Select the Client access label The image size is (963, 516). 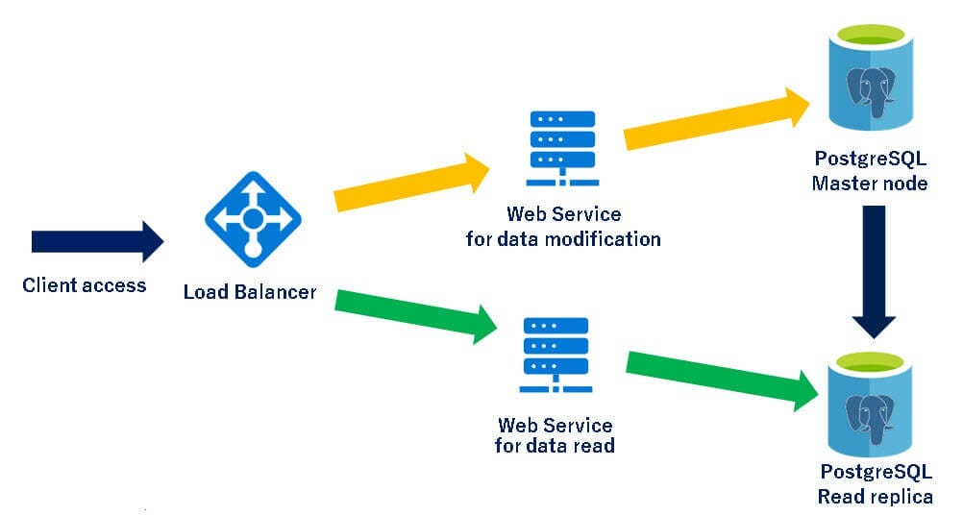point(85,284)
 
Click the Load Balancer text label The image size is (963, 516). point(250,291)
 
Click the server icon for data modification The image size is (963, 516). point(562,148)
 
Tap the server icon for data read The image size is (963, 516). point(555,354)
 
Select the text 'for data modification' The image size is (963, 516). point(563,238)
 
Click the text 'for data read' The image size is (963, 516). point(555,446)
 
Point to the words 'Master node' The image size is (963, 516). point(870,183)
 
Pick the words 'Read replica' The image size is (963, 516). point(875,497)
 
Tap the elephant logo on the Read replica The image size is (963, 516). point(871,415)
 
